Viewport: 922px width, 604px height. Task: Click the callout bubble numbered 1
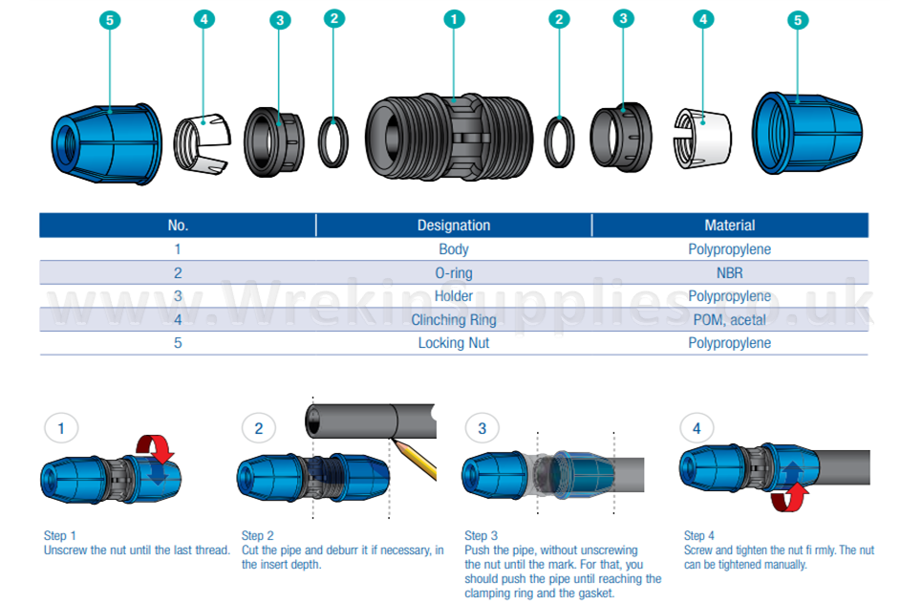pyautogui.click(x=455, y=18)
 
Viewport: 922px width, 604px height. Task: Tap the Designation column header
pyautogui.click(x=454, y=226)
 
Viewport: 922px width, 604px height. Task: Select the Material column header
pyautogui.click(x=729, y=226)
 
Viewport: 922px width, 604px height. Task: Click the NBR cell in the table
pyautogui.click(x=729, y=272)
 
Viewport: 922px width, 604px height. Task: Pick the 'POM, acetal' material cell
pyautogui.click(x=729, y=319)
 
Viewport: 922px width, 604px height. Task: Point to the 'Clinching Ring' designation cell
pyautogui.click(x=454, y=319)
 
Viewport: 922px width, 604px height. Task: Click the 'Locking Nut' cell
pyautogui.click(x=454, y=342)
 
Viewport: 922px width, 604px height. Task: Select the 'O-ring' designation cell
pyautogui.click(x=454, y=272)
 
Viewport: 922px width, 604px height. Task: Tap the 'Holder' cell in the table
pyautogui.click(x=454, y=296)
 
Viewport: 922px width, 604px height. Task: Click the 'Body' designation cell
pyautogui.click(x=454, y=249)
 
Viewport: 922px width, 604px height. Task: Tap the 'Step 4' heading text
pyautogui.click(x=698, y=536)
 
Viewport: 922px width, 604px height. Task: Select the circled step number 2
pyautogui.click(x=258, y=428)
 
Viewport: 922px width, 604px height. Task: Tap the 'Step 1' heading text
pyautogui.click(x=60, y=536)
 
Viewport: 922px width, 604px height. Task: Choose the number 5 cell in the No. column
pyautogui.click(x=178, y=342)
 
